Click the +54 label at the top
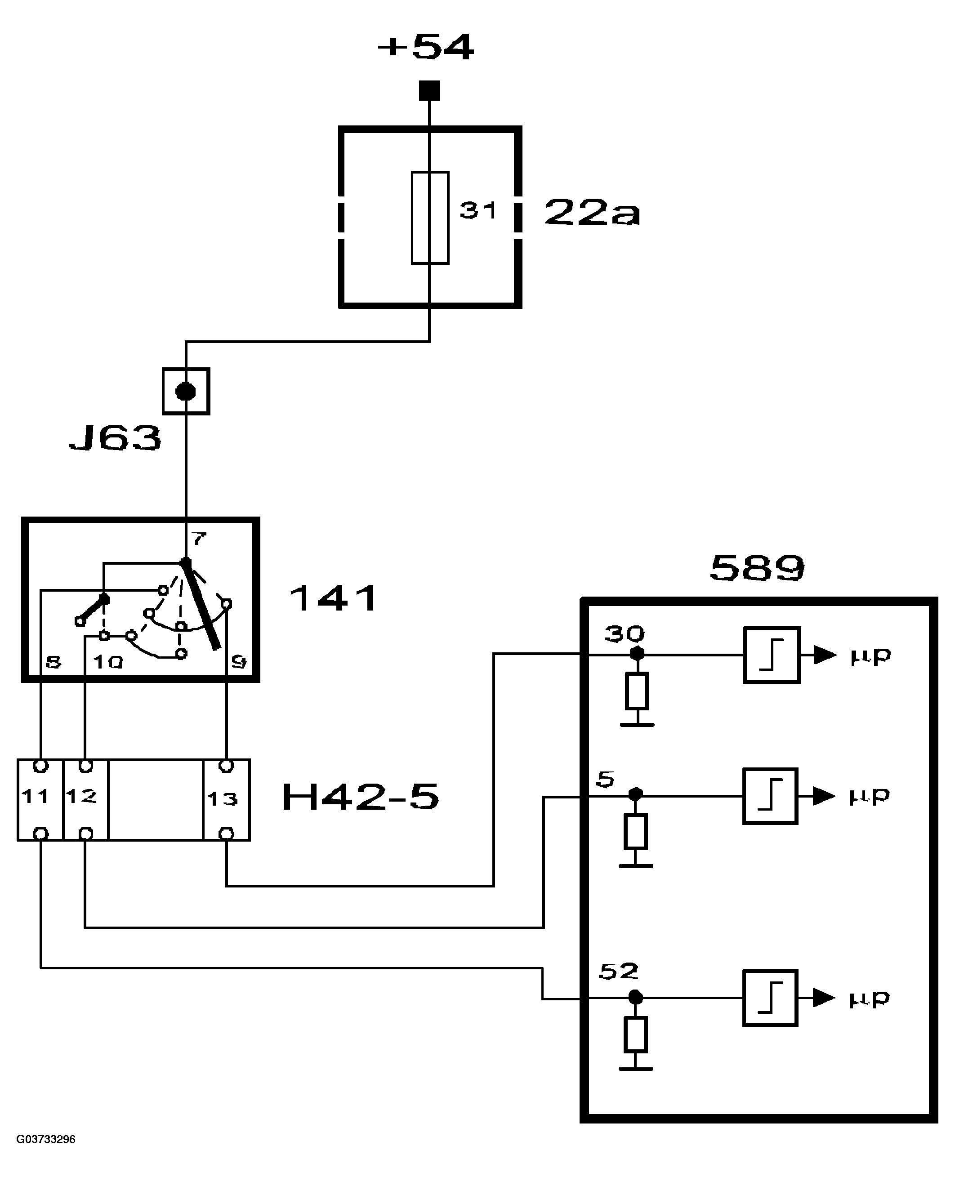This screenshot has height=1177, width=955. (x=426, y=47)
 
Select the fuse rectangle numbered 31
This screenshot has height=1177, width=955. (x=430, y=218)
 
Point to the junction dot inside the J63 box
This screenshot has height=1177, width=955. (x=185, y=392)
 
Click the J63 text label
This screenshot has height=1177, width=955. (x=116, y=438)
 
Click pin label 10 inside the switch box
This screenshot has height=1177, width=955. (x=108, y=662)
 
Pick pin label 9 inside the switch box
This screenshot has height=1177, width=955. (x=239, y=662)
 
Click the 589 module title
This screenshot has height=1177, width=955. (x=757, y=568)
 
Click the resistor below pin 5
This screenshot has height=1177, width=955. (x=635, y=832)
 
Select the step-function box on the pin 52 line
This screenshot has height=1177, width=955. (x=770, y=998)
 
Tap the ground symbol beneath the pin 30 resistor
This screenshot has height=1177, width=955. (x=637, y=724)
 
